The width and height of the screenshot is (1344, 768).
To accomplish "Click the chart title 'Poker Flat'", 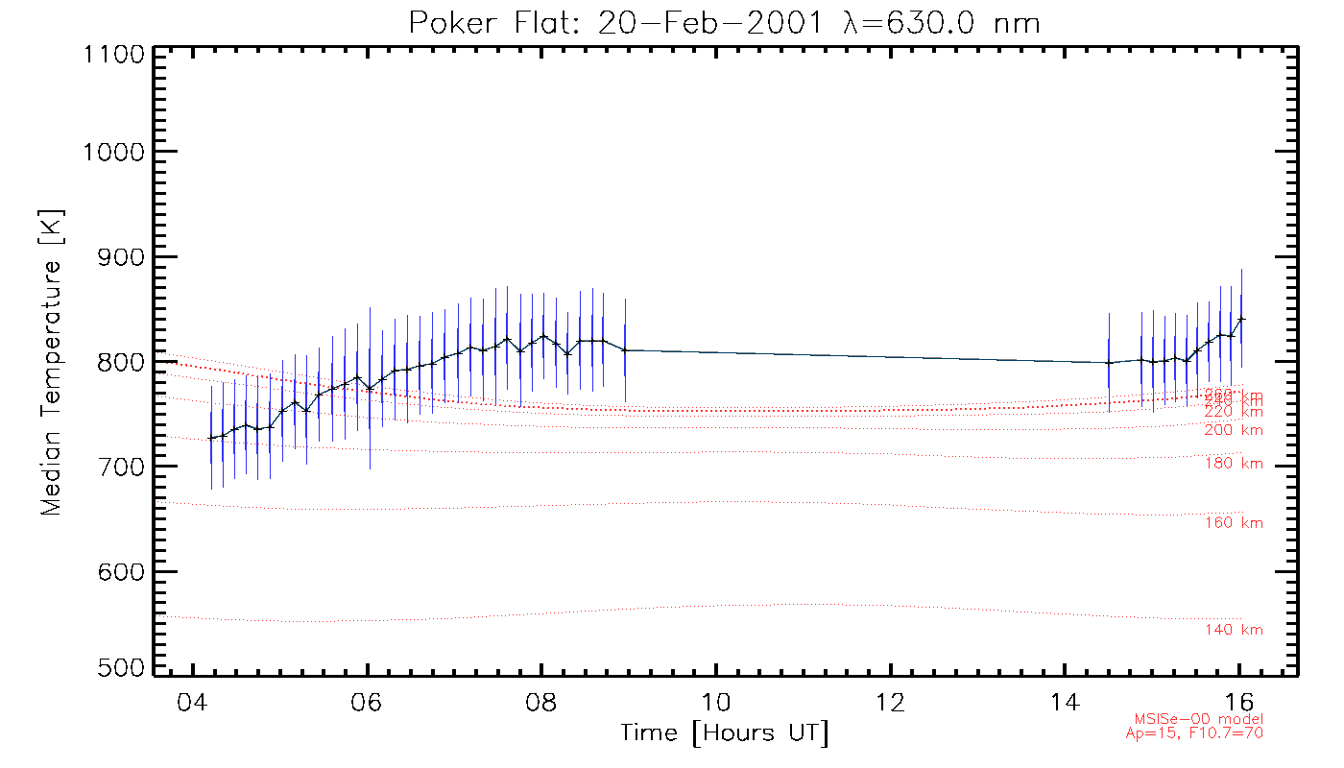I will point(724,23).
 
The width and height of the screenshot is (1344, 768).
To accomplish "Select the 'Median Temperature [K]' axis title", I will point(51,362).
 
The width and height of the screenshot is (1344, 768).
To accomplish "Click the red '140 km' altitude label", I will point(1234,630).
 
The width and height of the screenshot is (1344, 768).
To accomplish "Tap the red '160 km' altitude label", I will point(1234,523).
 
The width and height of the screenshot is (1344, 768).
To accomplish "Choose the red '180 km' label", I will point(1234,465).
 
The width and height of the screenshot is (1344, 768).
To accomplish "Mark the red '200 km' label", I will point(1234,430).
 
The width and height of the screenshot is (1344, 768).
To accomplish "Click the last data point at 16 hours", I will point(1241,319).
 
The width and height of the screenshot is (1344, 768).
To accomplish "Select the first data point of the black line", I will point(211,439).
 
